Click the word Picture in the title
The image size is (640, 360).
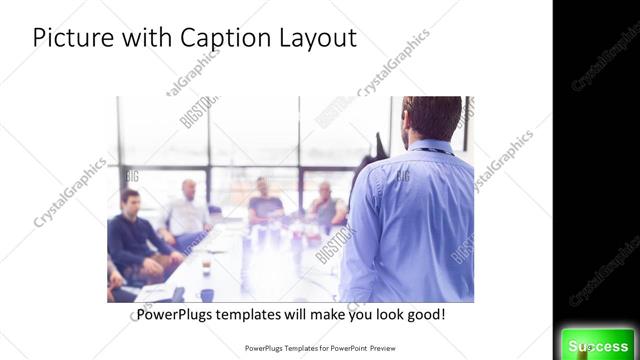pos(68,38)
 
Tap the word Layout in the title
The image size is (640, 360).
pos(316,39)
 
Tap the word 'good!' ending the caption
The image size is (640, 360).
pos(424,315)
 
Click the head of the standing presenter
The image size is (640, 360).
pos(423,119)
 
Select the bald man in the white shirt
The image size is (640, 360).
pos(187,211)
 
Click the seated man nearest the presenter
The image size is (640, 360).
pos(326,205)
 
